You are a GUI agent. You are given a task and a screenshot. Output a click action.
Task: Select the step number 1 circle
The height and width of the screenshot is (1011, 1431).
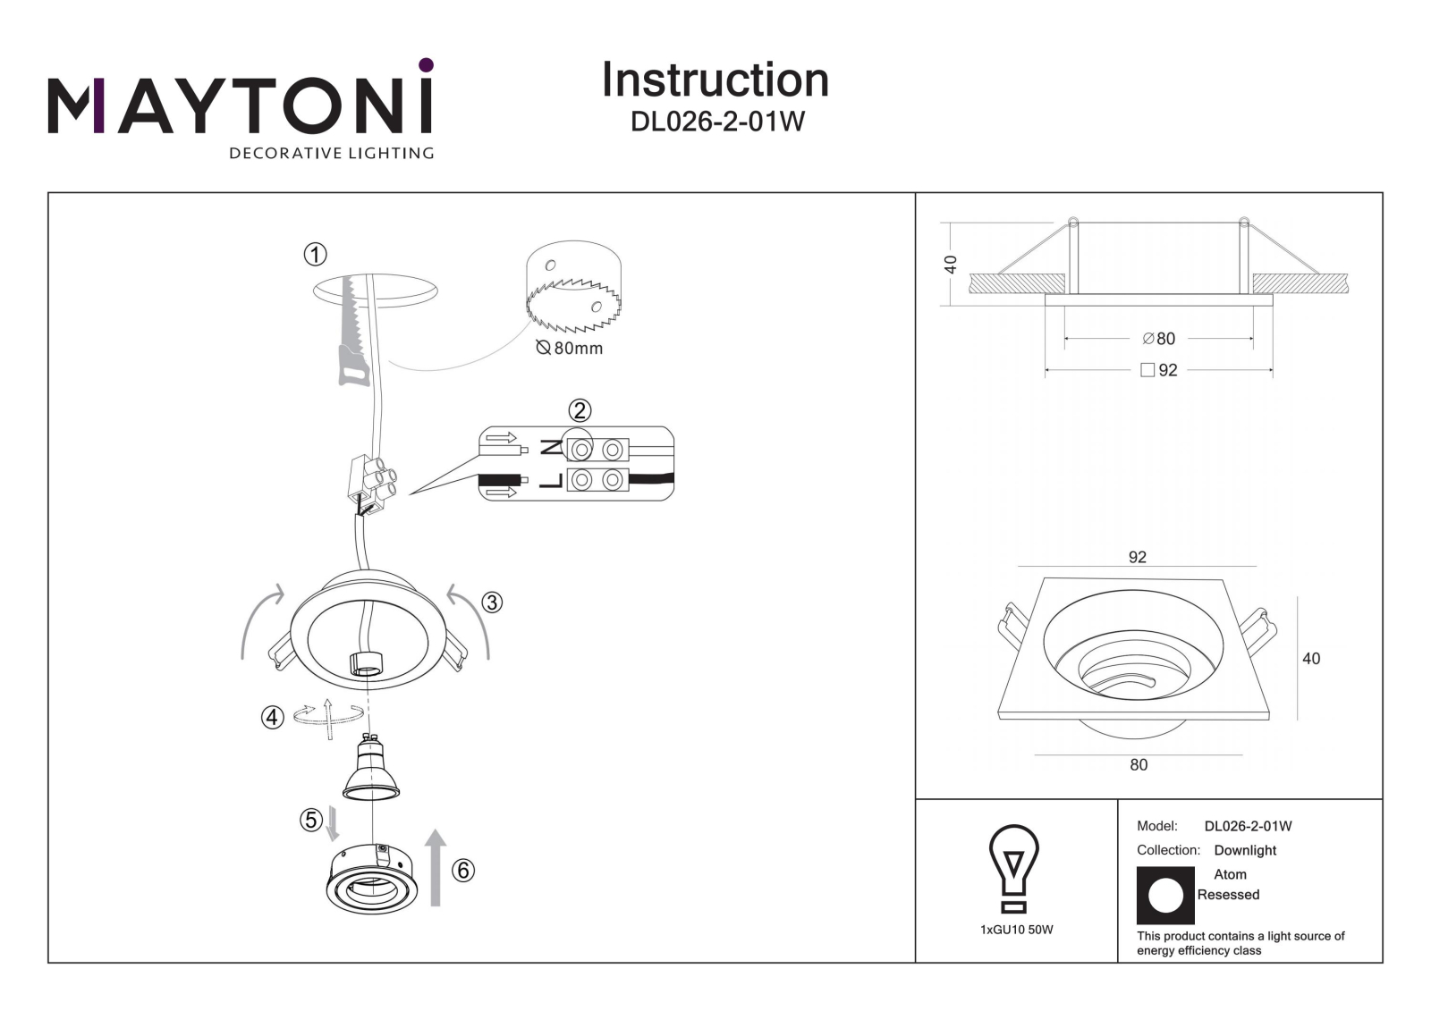(x=315, y=255)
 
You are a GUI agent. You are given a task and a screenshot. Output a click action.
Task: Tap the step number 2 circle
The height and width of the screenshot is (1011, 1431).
(x=580, y=410)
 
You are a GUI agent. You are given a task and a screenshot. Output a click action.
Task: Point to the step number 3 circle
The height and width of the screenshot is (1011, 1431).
(x=491, y=602)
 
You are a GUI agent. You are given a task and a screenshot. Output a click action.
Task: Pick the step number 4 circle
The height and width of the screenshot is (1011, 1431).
(x=273, y=717)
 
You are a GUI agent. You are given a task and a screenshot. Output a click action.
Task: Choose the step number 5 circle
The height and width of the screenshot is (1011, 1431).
(x=311, y=820)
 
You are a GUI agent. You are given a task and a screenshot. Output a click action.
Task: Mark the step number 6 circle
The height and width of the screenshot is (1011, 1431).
(x=463, y=871)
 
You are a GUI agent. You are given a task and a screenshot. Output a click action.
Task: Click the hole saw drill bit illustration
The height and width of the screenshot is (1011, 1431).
(x=573, y=286)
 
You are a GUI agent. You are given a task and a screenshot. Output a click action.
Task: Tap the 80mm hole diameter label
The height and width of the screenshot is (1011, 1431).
(x=570, y=348)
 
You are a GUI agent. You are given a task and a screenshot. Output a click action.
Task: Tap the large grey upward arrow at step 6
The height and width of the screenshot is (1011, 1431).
(x=436, y=868)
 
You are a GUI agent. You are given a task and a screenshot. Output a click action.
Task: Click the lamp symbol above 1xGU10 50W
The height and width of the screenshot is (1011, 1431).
(x=1014, y=868)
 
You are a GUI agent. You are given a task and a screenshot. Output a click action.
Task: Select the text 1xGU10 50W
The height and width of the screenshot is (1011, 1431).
(x=1016, y=930)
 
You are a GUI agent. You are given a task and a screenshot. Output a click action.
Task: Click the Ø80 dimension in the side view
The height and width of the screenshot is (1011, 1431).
(x=1159, y=339)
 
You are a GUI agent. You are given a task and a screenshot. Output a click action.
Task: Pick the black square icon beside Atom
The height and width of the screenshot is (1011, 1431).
(x=1165, y=896)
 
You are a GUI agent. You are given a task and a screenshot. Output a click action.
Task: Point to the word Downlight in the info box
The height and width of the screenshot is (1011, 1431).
(x=1245, y=850)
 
